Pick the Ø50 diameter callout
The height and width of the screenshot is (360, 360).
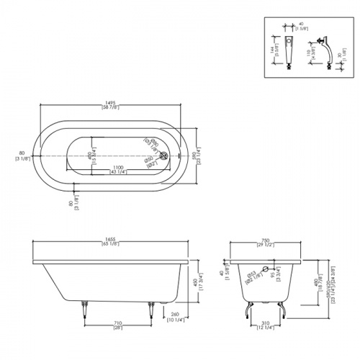(148, 161)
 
